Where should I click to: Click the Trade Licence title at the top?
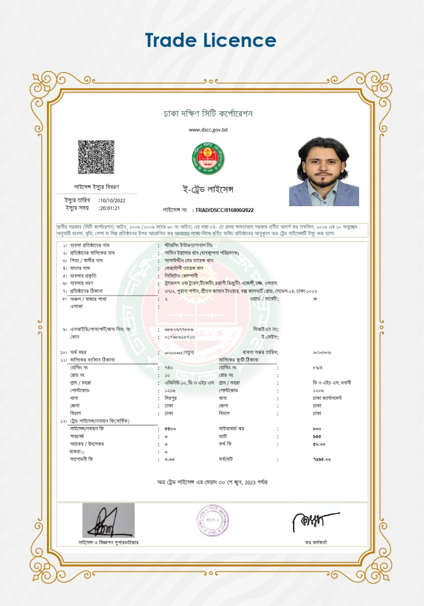(211, 41)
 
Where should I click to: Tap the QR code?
(96, 157)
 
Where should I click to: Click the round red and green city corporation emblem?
(208, 158)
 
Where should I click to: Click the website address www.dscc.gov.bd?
(208, 129)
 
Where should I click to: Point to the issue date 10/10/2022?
(113, 200)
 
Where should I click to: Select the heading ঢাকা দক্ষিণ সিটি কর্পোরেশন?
(208, 113)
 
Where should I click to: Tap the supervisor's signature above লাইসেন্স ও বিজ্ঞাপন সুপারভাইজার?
(108, 522)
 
